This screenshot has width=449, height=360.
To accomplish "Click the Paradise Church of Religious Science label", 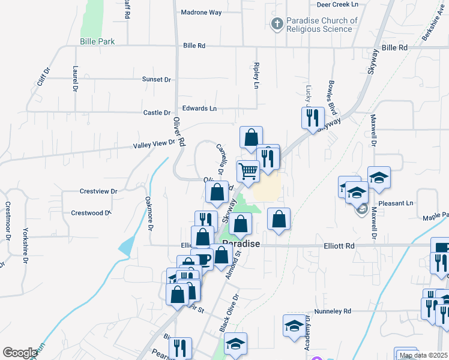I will click(x=322, y=25).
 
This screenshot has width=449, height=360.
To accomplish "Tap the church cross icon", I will click(x=277, y=24).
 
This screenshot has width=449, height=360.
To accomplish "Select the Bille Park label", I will click(x=97, y=41).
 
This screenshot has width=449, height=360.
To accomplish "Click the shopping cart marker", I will click(x=248, y=170).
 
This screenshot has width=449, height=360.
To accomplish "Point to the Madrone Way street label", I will click(x=201, y=12).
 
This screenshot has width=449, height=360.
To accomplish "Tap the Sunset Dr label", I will click(x=156, y=79).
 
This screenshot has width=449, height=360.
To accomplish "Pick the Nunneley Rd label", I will click(x=333, y=311).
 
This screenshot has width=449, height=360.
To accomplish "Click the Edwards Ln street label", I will click(x=199, y=109).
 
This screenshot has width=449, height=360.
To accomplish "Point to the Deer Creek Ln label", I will click(x=341, y=4).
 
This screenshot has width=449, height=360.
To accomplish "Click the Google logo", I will click(x=20, y=353).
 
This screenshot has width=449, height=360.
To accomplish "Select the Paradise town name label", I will click(x=241, y=243).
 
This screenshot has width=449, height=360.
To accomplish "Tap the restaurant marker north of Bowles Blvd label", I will click(x=313, y=117).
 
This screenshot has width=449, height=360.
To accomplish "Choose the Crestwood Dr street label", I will click(x=91, y=212).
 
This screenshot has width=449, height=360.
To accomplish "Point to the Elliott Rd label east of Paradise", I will click(x=338, y=246).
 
